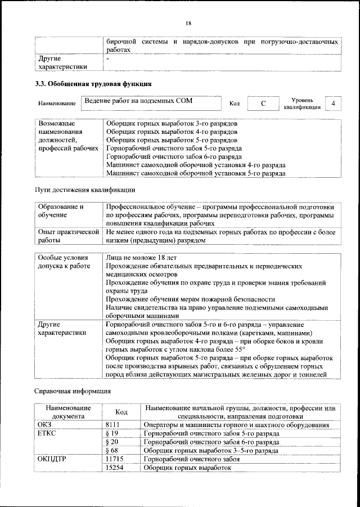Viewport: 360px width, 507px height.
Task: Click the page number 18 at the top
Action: [x=188, y=23]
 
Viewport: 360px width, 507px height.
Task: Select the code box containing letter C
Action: [x=263, y=104]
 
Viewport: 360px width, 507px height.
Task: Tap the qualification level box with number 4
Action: [x=334, y=104]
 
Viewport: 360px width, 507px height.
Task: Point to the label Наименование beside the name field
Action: [x=57, y=105]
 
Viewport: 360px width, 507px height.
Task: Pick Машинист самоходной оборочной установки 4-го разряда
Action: [x=195, y=165]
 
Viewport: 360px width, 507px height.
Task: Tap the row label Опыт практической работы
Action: [x=68, y=235]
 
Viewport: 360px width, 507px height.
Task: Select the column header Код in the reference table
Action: [x=121, y=412]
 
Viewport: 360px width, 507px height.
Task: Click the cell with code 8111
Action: [x=114, y=425]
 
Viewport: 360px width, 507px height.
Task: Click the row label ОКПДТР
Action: [x=52, y=459]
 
